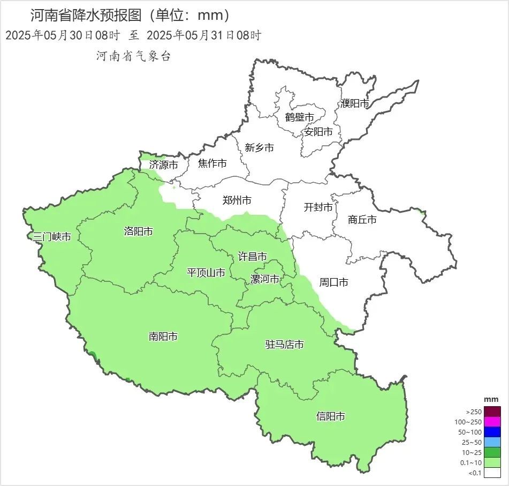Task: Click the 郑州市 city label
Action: (x=237, y=201)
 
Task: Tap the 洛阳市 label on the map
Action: (x=138, y=231)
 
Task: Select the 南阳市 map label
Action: (x=163, y=337)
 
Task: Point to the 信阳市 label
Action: (x=330, y=416)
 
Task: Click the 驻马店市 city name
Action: (x=285, y=345)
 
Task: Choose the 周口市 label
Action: (x=333, y=282)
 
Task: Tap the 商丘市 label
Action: (x=362, y=219)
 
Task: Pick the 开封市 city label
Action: (x=318, y=207)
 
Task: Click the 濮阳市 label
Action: (x=355, y=103)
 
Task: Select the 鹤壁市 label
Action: (x=299, y=117)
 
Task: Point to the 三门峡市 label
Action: (x=52, y=237)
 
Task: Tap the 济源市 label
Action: (x=163, y=165)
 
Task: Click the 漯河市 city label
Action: (x=265, y=279)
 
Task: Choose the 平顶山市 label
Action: (x=206, y=273)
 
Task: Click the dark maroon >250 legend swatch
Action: (x=493, y=412)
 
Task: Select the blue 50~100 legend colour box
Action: (x=493, y=432)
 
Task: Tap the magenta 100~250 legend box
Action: (x=493, y=422)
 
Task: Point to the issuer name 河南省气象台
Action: (x=133, y=56)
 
